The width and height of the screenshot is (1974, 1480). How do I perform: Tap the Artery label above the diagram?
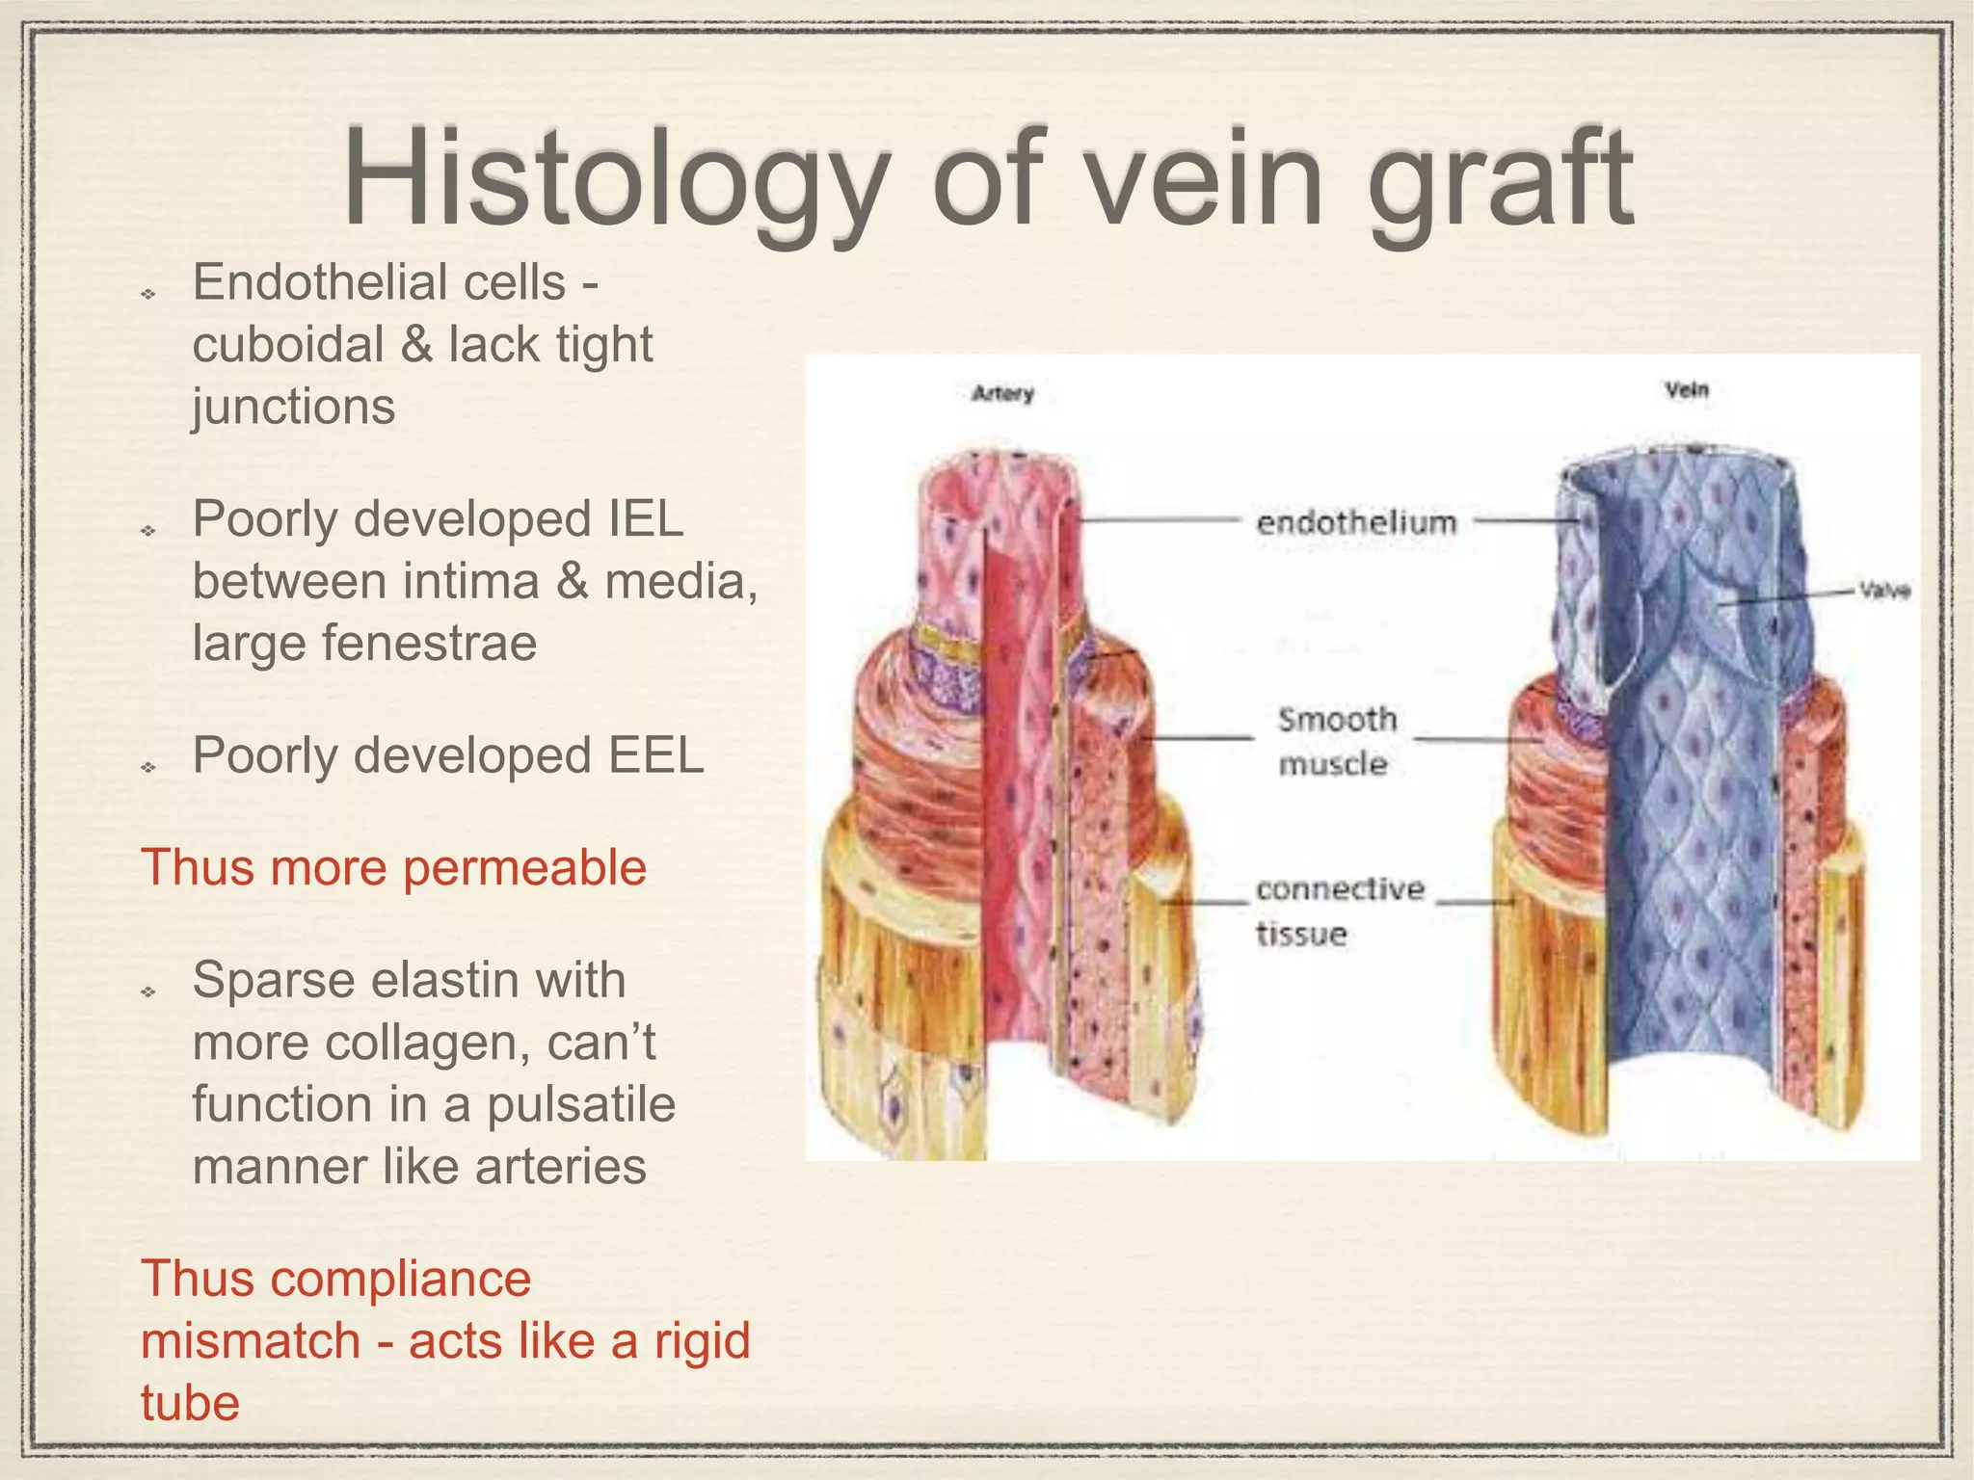(1002, 393)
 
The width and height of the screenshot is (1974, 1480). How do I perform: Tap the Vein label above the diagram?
(1686, 390)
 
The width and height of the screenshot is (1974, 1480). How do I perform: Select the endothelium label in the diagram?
(1356, 523)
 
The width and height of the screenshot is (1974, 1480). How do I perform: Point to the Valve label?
(1884, 591)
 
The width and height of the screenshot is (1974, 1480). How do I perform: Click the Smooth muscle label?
(1336, 741)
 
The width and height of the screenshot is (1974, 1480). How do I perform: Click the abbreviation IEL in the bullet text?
(645, 519)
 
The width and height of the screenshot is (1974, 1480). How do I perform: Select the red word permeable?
(524, 867)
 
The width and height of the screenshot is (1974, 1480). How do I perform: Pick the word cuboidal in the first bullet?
(288, 345)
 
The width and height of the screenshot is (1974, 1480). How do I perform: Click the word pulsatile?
(581, 1104)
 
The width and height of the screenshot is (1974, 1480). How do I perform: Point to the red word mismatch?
(251, 1340)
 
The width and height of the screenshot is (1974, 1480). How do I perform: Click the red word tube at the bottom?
(190, 1403)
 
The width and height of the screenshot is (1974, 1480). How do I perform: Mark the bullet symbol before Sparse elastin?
(148, 991)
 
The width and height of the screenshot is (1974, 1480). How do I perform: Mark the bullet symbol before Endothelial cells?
(148, 293)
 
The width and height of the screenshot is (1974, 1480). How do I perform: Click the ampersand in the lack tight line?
(416, 345)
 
